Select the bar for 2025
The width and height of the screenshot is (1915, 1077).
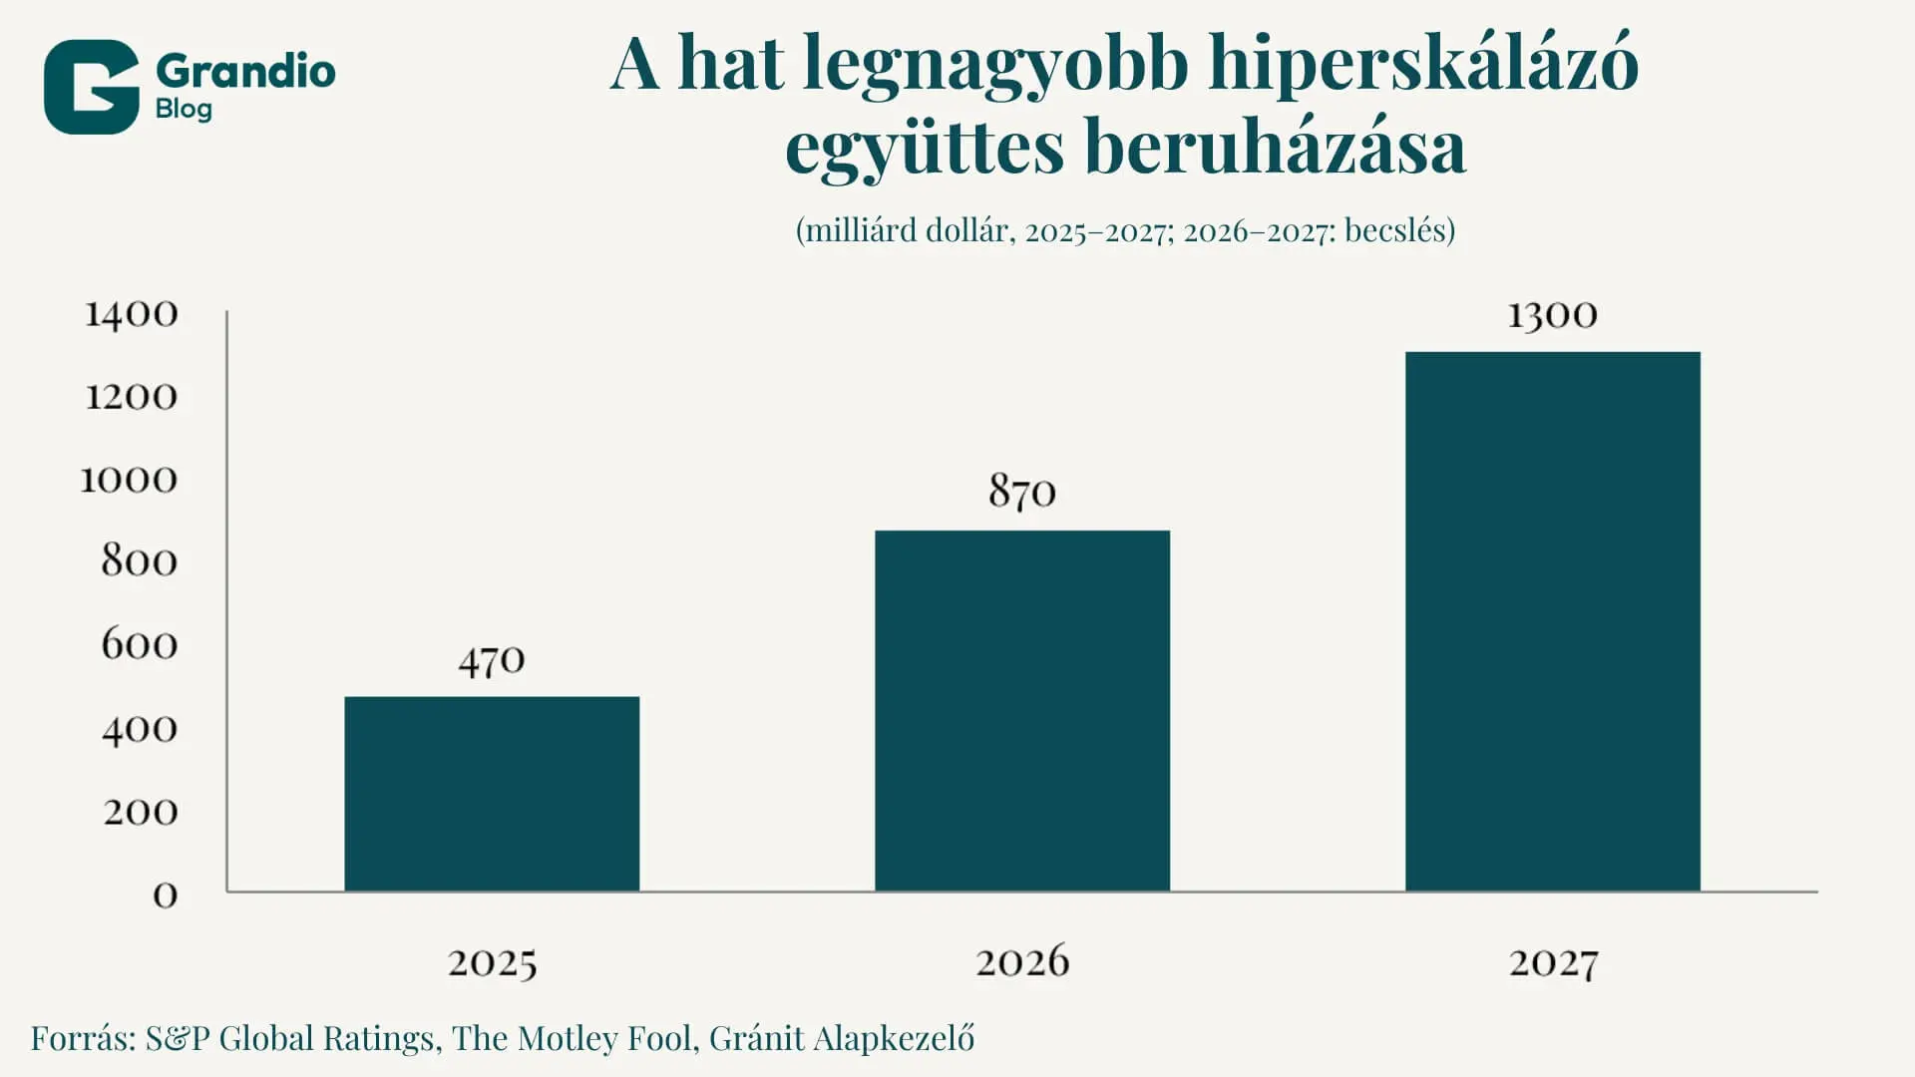[492, 794]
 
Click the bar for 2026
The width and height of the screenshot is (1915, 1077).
[1022, 711]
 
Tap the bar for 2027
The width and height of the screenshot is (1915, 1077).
[1553, 621]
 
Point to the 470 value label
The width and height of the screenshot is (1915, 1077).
[492, 661]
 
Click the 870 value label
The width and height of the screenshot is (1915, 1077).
[1022, 492]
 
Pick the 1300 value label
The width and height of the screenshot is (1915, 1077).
[1552, 316]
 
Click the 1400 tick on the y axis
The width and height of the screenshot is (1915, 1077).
[132, 315]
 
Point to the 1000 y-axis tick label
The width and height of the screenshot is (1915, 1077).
[129, 481]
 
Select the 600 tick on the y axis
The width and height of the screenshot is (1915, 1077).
[140, 645]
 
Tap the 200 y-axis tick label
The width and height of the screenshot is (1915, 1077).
[141, 813]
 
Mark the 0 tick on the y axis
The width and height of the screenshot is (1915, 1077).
[166, 896]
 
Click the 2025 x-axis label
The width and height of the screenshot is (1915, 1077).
[492, 963]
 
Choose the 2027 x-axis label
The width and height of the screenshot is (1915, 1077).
[1553, 963]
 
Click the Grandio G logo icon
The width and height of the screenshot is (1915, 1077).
[91, 87]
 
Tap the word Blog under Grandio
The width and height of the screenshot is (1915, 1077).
[184, 109]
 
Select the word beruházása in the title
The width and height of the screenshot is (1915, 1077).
[1275, 147]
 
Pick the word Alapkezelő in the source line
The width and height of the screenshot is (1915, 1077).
[894, 1039]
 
